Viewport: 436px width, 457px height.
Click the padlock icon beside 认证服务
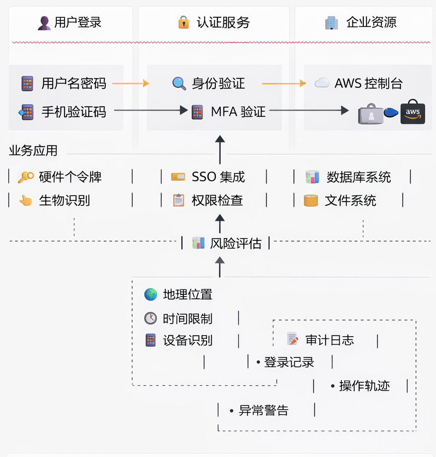point(183,22)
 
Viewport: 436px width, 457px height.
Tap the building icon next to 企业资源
point(332,23)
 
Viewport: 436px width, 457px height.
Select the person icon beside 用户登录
point(44,23)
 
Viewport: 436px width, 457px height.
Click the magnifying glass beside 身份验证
point(179,83)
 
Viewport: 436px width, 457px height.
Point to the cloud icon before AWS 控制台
point(322,83)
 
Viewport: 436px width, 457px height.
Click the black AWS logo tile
point(412,112)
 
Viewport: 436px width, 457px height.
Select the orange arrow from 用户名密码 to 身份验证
point(130,83)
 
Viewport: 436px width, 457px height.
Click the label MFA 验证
point(238,111)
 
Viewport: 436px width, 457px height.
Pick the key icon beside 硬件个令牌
point(25,177)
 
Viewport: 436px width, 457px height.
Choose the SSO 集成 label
point(218,177)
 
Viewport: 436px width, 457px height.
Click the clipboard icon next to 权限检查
point(178,200)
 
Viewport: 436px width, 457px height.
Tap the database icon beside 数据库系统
point(312,177)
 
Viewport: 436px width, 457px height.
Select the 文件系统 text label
point(350,200)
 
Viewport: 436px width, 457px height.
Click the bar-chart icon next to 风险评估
point(198,243)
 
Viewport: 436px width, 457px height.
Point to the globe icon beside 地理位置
point(151,294)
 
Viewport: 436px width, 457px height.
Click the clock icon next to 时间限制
point(151,318)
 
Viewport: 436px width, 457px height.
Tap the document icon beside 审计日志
point(292,339)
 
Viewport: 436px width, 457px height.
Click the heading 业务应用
point(33,151)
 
